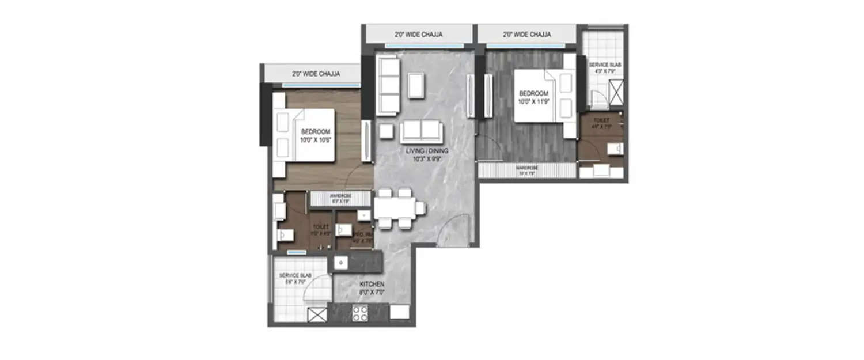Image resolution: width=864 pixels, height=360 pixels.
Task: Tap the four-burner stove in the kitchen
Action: click(361, 313)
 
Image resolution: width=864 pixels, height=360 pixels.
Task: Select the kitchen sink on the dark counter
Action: click(341, 263)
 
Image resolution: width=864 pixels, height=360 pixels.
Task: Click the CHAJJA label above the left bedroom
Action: click(316, 74)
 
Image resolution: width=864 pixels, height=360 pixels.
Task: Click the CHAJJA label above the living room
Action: click(418, 35)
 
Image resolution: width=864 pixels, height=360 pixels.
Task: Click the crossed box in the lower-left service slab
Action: click(317, 315)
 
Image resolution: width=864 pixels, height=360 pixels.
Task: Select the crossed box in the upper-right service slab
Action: click(616, 93)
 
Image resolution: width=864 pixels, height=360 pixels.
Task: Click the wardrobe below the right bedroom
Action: click(526, 170)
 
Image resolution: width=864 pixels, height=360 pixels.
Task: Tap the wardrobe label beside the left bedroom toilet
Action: click(340, 199)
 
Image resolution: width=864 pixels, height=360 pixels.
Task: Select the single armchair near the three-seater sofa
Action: click(416, 85)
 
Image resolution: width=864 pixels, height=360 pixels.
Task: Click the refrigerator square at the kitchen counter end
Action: click(399, 312)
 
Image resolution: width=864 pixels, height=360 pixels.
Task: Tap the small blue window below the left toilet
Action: click(297, 252)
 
